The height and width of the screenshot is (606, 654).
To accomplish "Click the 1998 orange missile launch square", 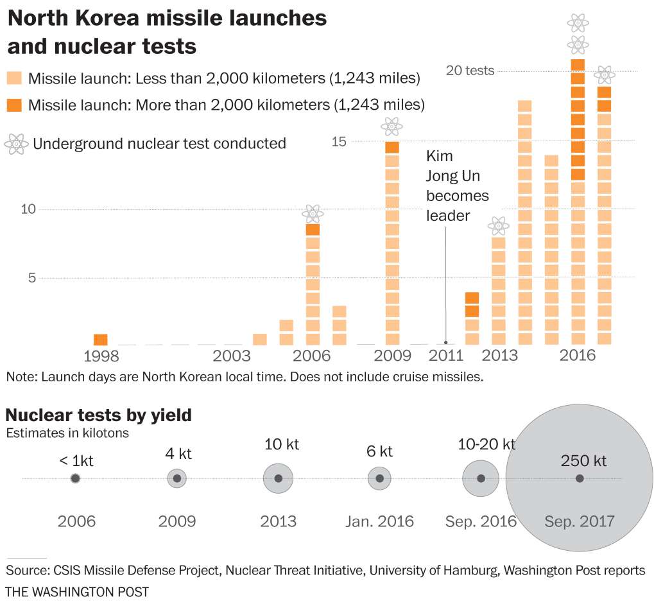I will coord(101,340).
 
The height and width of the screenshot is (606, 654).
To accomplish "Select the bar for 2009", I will coord(392,244).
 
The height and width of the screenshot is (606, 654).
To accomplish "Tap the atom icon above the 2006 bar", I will coord(313,213).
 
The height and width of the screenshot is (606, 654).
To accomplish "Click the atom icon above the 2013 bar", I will coord(498,226).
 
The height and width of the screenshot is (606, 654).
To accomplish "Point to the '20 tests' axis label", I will coord(470,71).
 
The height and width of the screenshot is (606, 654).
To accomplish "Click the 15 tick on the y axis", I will coord(339,141).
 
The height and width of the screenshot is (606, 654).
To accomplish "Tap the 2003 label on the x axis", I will coord(232,356).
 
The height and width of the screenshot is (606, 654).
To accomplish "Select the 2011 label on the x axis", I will coord(445,356).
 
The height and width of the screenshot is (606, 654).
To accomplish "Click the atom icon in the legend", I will coord(15,144).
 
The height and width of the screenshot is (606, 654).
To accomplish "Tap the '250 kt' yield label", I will coord(583,460).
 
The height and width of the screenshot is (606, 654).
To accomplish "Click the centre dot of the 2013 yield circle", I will coord(278,478).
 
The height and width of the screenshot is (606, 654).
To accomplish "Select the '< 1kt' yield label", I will coord(75,460).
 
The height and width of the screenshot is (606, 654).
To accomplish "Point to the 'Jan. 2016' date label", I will coord(380,521).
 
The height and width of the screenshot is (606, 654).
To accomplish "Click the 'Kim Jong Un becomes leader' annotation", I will coord(457,186).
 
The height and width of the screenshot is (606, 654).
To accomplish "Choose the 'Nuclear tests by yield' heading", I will coord(98,415).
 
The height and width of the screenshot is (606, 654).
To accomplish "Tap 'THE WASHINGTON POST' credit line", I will coord(77,591).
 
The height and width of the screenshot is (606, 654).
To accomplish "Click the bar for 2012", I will coord(472,319).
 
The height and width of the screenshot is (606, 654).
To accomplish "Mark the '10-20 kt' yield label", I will coord(486,444).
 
